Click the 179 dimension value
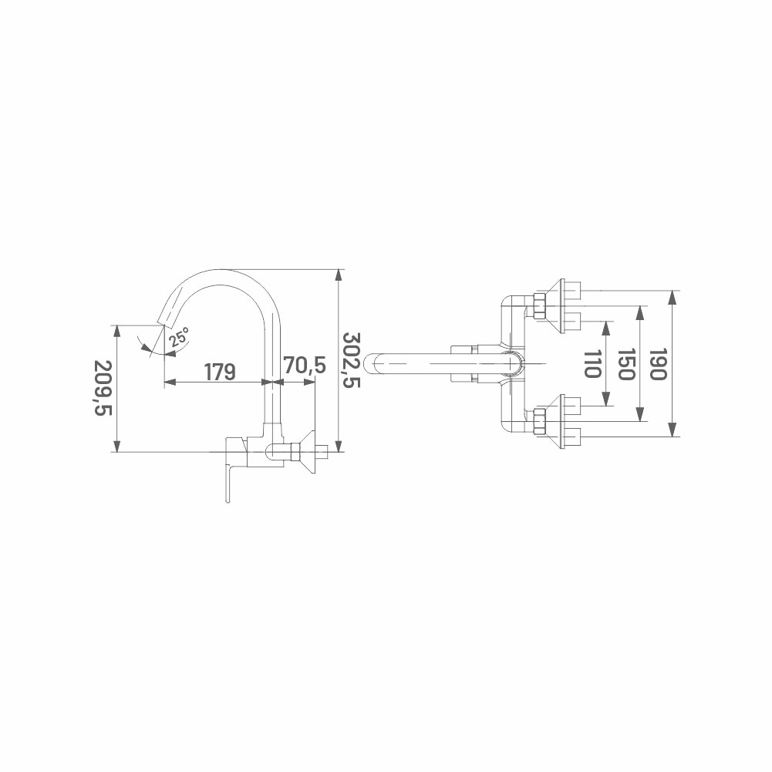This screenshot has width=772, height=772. pyautogui.click(x=220, y=373)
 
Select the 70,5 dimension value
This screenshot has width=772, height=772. pyautogui.click(x=305, y=366)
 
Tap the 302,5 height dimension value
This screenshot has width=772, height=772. pyautogui.click(x=352, y=359)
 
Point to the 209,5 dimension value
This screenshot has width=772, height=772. pyautogui.click(x=104, y=388)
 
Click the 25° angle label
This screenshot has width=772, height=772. pyautogui.click(x=178, y=337)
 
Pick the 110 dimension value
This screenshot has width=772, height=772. pyautogui.click(x=592, y=364)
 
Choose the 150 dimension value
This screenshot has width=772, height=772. pyautogui.click(x=625, y=364)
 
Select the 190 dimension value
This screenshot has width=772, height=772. pyautogui.click(x=659, y=364)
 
